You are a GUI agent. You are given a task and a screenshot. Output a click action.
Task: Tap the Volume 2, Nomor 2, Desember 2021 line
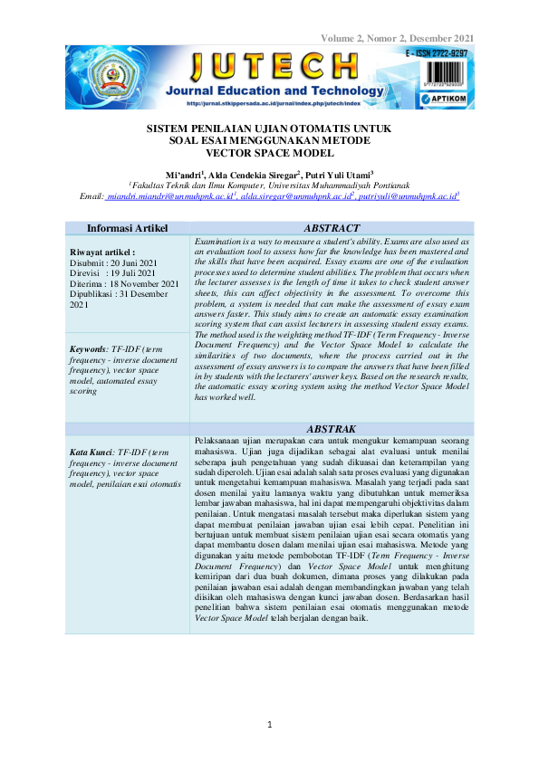397,38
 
